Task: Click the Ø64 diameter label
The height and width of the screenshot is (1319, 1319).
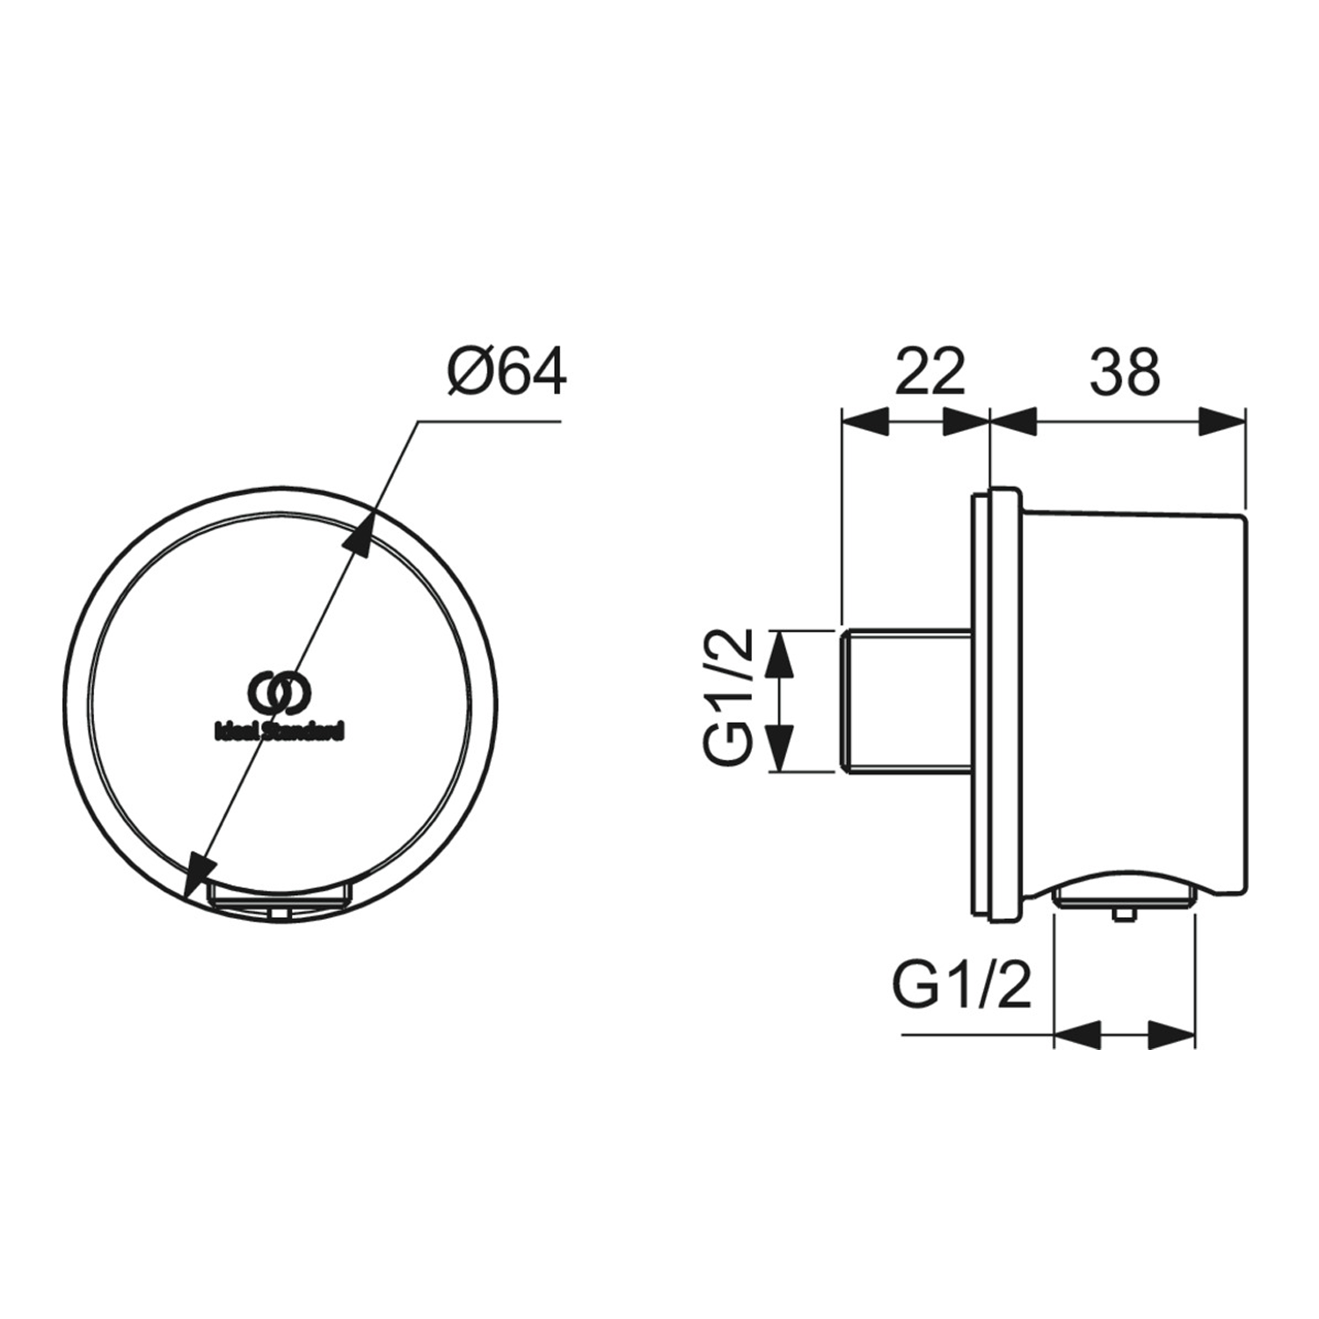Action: click(x=506, y=373)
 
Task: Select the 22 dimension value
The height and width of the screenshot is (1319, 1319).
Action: click(x=929, y=373)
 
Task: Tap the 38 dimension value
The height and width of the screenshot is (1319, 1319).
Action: click(x=1125, y=373)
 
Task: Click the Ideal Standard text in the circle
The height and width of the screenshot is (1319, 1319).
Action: click(x=280, y=732)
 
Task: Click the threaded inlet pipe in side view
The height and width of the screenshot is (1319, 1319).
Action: click(x=906, y=701)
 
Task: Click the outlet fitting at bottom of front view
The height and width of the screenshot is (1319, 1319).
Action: click(x=279, y=898)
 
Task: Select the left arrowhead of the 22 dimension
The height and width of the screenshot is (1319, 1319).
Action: click(x=866, y=422)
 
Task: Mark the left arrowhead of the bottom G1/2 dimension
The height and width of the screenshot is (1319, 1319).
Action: click(x=1078, y=1034)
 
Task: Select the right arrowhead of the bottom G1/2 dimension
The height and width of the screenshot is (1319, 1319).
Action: click(x=1171, y=1034)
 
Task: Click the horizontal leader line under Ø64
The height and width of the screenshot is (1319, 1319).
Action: click(x=489, y=422)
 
